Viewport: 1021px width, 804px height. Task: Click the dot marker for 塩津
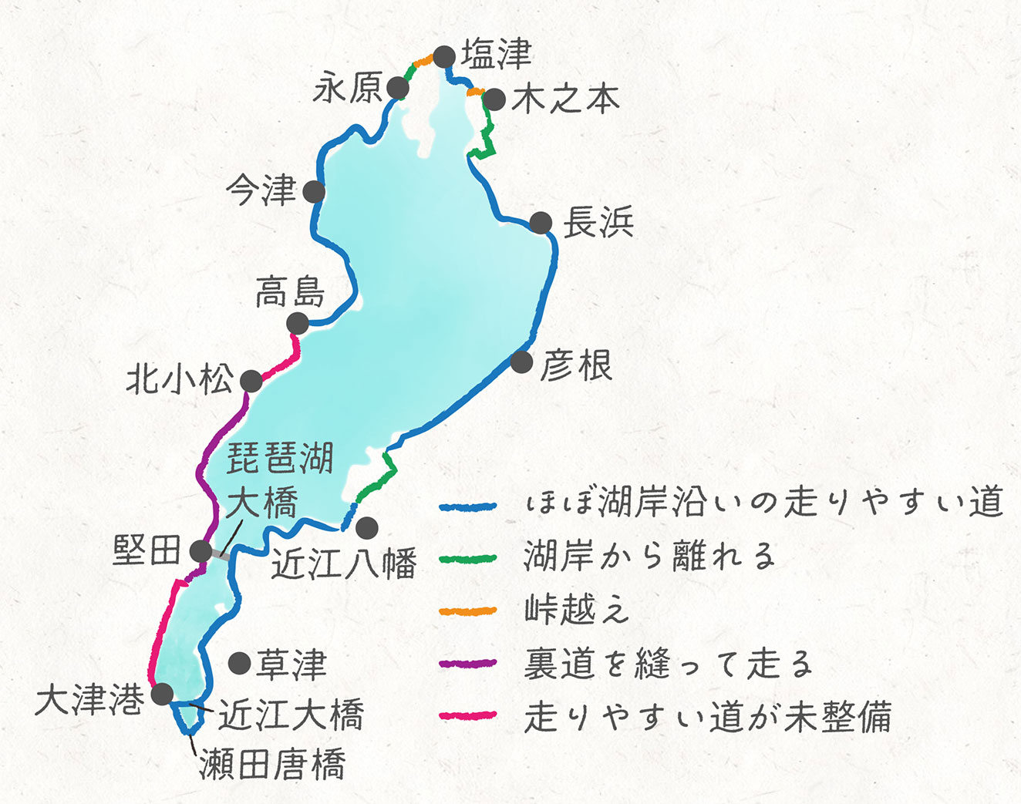[x=444, y=57]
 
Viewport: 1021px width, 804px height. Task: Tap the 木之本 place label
[x=565, y=99]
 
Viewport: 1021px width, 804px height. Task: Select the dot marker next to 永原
[x=398, y=88]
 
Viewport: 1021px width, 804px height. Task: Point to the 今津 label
[x=261, y=190]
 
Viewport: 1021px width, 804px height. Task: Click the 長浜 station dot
[x=541, y=223]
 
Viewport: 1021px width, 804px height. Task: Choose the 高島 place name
[x=290, y=293]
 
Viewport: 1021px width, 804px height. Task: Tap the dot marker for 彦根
[x=522, y=362]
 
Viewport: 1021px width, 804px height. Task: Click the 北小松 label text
[x=180, y=379]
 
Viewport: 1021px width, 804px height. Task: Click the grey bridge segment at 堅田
[x=219, y=554]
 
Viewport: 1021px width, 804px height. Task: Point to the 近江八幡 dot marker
[x=367, y=528]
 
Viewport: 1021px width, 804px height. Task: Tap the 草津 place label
[x=291, y=664]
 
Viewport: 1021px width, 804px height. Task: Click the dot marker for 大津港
[x=162, y=694]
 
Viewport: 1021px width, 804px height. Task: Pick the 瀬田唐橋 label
[x=272, y=765]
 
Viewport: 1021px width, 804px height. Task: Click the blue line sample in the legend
[x=467, y=506]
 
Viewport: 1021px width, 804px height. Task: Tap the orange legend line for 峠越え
[x=467, y=611]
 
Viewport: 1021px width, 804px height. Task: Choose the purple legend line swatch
[x=467, y=664]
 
